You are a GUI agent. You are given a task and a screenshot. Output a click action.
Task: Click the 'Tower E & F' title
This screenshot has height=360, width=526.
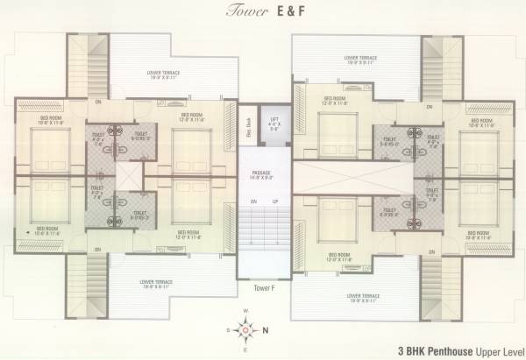coord(262,12)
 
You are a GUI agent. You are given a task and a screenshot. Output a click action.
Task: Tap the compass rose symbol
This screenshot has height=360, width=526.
coord(245,329)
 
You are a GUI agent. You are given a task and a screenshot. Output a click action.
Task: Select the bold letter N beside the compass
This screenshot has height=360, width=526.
coord(266,331)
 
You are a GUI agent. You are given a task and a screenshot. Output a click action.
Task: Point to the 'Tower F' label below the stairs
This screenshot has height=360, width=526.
coord(260,288)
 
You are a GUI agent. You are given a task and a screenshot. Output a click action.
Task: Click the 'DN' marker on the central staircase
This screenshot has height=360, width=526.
coord(252,202)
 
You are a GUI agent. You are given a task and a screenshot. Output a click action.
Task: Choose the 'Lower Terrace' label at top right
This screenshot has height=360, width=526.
coord(360,60)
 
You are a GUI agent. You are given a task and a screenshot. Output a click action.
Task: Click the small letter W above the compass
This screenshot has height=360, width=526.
coord(245,312)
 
